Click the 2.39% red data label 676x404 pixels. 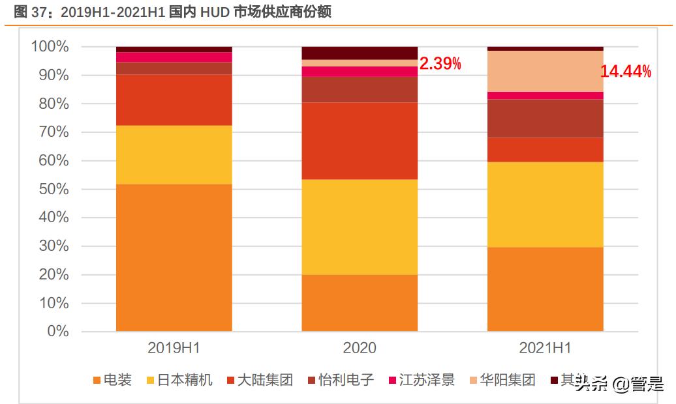click(440, 64)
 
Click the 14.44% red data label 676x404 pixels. click(626, 72)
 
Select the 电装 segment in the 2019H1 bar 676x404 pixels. click(174, 257)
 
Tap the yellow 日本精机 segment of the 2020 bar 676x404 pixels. click(359, 227)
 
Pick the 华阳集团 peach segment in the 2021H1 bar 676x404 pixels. click(545, 71)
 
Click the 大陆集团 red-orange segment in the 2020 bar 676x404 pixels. click(359, 141)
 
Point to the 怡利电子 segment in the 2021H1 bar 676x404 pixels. click(545, 119)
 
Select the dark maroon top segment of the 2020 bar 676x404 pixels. click(359, 53)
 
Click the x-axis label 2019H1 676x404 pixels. click(174, 348)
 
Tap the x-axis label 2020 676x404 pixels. click(359, 348)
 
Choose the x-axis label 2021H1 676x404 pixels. click(545, 348)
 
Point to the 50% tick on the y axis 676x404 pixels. click(50, 190)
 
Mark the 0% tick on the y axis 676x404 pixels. click(55, 332)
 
